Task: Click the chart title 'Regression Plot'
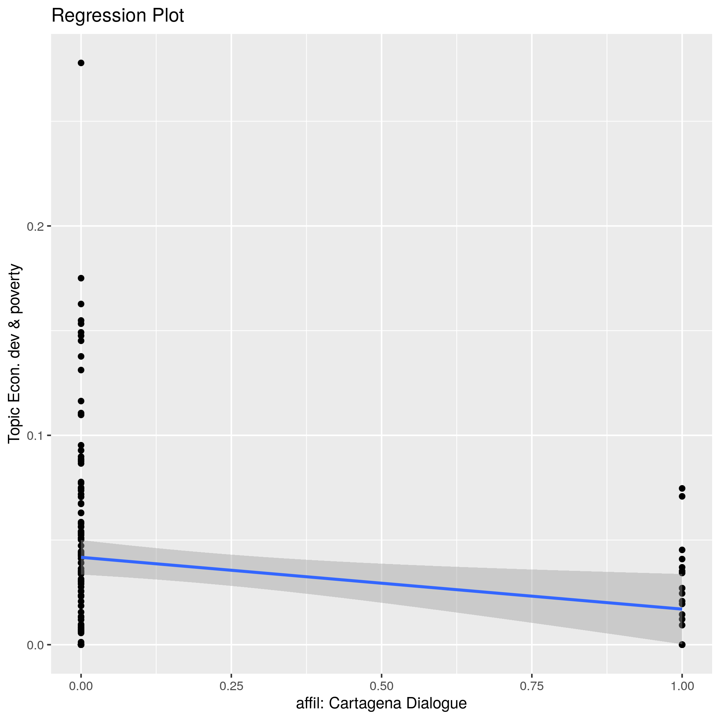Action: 117,16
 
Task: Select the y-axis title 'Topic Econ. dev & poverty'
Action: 14,353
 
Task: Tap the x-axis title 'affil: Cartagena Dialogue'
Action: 381,703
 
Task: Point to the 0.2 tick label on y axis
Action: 35,226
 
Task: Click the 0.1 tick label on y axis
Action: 35,435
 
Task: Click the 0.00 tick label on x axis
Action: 81,686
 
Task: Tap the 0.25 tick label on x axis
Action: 231,686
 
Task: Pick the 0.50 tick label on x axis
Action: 381,686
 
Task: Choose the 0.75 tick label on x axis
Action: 531,686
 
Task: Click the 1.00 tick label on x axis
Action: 682,686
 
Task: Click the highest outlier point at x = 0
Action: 81,63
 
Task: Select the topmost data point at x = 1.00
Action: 682,488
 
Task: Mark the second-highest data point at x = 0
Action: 81,278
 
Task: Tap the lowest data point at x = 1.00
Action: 682,644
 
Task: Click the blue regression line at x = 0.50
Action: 381,583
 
